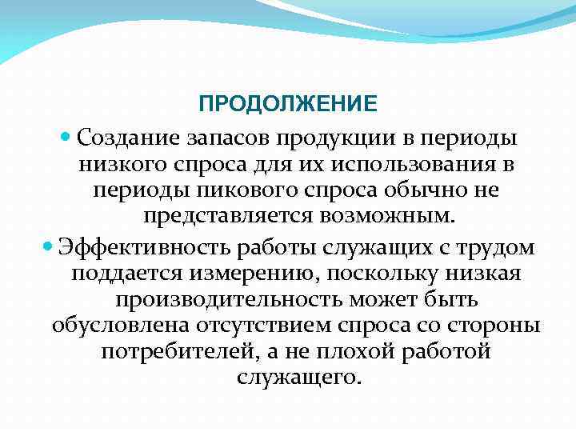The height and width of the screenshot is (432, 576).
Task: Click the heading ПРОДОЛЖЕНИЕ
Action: click(x=288, y=105)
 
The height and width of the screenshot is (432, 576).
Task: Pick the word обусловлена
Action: click(x=118, y=327)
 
